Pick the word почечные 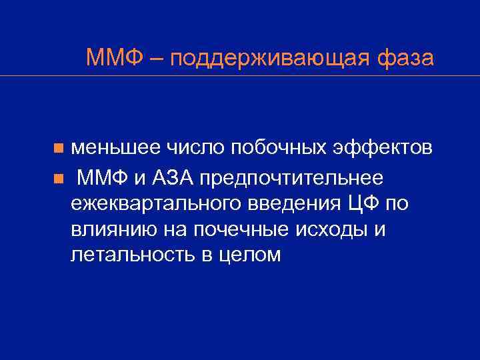[x=247, y=229]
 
